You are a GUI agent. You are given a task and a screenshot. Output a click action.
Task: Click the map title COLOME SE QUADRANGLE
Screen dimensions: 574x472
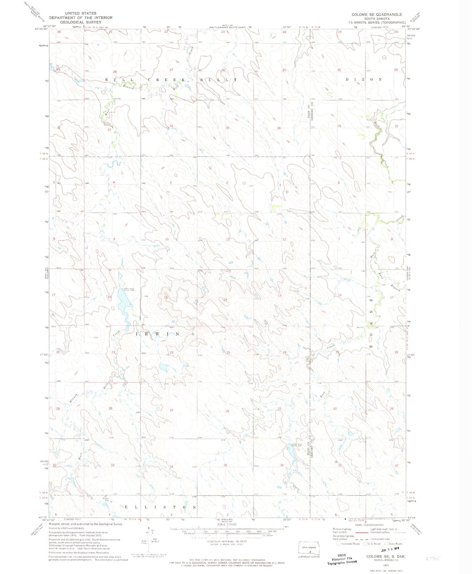[377, 14]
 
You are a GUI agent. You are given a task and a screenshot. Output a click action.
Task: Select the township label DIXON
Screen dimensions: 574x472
[363, 80]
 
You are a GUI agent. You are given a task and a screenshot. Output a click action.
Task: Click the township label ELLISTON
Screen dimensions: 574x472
[160, 507]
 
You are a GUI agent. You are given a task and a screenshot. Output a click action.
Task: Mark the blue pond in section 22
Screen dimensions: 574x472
[164, 367]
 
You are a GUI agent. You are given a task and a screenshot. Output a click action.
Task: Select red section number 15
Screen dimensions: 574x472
[166, 297]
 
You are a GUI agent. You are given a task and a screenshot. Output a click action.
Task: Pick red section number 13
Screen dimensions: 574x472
[279, 296]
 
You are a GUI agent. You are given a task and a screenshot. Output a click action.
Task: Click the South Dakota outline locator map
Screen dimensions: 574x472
[309, 548]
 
